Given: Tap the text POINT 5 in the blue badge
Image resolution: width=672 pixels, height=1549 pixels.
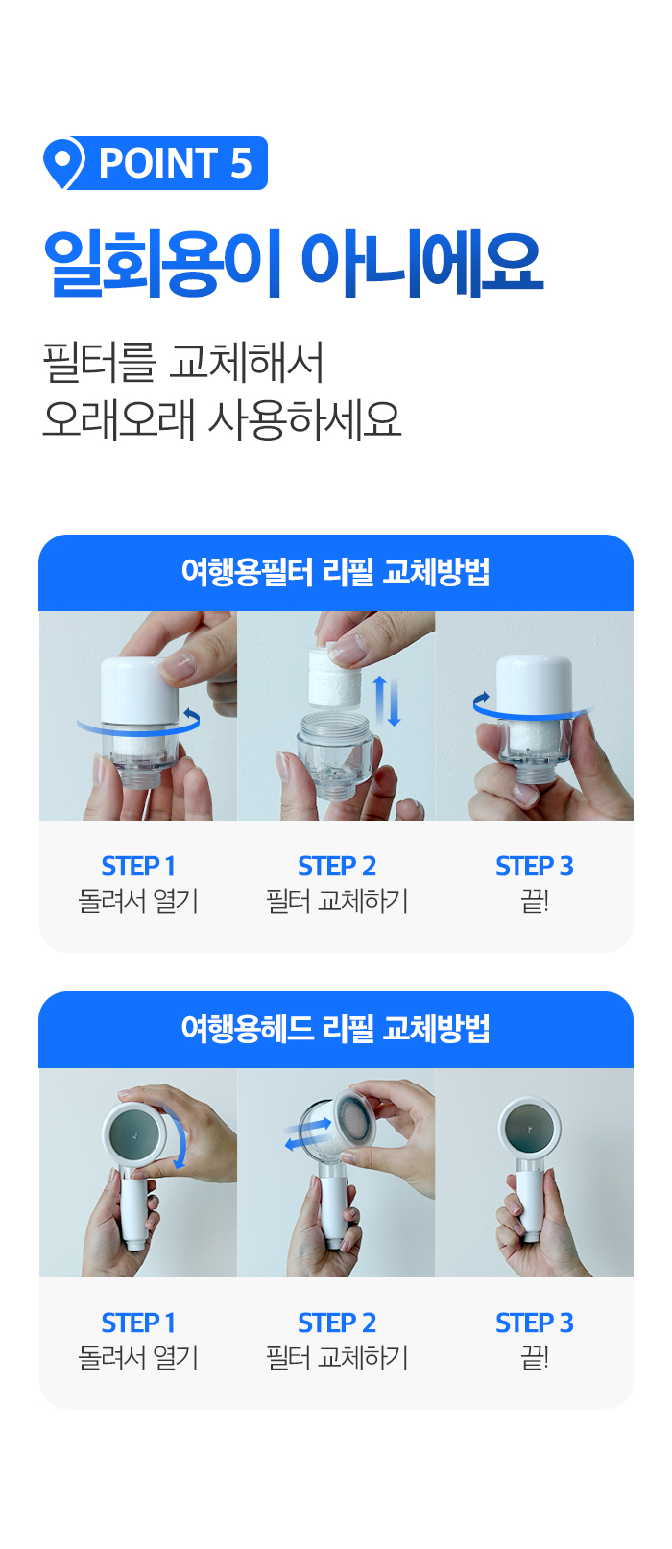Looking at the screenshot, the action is pos(175,163).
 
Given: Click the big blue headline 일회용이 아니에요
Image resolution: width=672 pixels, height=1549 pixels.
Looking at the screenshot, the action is pos(294,264).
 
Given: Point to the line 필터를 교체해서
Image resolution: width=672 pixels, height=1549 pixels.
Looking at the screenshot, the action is pos(183,362).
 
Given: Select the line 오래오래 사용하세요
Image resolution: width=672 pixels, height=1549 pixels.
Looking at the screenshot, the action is pos(222,419).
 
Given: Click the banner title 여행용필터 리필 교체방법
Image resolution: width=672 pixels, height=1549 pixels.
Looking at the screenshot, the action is pos(336,573).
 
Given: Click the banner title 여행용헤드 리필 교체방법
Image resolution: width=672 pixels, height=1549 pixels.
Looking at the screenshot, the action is pos(336,1029).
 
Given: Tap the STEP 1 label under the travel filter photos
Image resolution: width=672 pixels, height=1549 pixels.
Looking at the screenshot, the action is pos(138,866).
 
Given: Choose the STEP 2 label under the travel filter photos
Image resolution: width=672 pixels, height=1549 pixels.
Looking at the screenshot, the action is pos(337,866).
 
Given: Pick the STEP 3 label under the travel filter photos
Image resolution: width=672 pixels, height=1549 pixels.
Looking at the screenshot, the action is pos(535,866).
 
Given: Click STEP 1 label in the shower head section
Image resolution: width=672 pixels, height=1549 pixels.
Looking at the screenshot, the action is pos(138,1323).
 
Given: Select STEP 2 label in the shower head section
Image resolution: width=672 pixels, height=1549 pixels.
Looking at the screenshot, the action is pos(337,1323).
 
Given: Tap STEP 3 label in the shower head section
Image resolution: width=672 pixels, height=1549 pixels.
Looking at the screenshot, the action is pos(535,1323).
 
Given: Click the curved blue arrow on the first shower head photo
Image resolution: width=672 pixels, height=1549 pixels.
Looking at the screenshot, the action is pos(180,1137).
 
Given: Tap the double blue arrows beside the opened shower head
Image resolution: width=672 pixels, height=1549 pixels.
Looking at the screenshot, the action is pos(307,1134).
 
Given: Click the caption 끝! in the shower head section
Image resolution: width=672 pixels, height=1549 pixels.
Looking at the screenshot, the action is pos(535,1357).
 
